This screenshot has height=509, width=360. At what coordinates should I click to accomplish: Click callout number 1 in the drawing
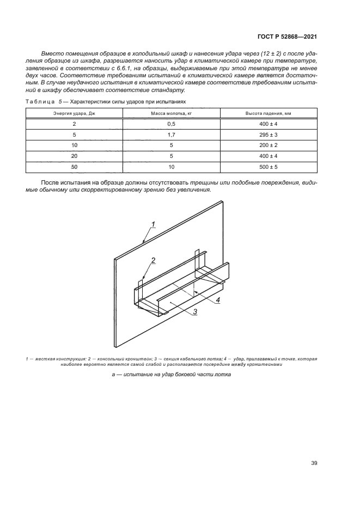tap(154, 224)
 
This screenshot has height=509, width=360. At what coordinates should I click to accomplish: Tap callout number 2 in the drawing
tap(154, 260)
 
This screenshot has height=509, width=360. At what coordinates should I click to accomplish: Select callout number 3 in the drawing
tap(194, 311)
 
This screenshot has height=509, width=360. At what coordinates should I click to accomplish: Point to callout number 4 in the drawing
tap(217, 299)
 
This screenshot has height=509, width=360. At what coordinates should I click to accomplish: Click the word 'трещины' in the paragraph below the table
tap(204, 181)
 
